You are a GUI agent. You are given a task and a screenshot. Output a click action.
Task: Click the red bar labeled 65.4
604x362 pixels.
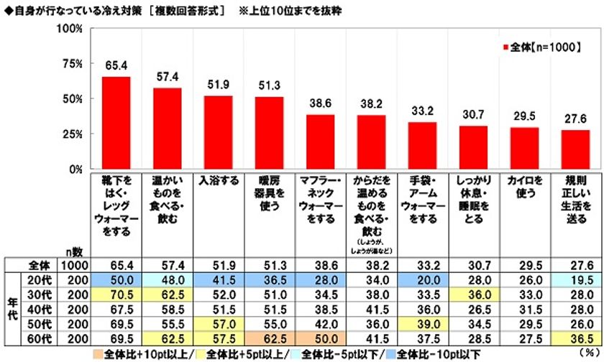pyautogui.click(x=116, y=123)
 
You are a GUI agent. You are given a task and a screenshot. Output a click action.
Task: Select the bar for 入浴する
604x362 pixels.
pyautogui.click(x=218, y=133)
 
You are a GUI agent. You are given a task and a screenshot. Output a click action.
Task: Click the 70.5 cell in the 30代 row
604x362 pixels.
pyautogui.click(x=116, y=293)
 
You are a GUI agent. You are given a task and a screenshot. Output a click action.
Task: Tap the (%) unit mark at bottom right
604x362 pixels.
pyautogui.click(x=589, y=354)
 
